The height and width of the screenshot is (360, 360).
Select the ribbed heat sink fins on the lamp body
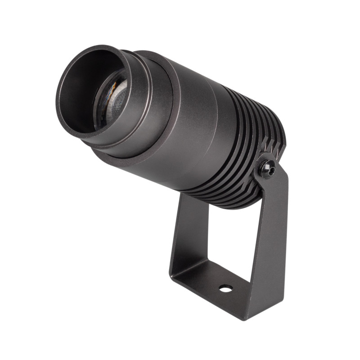[243, 148]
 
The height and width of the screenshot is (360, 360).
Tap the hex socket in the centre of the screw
[269, 169]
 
